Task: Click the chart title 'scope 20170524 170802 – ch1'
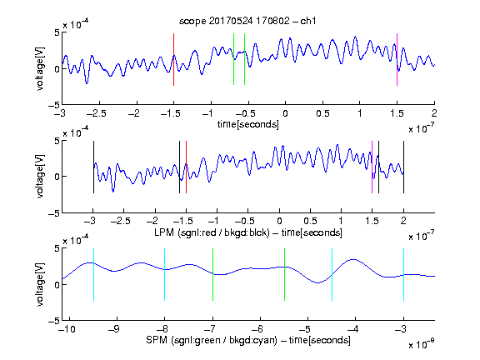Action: [x=247, y=21]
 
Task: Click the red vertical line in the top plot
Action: [x=173, y=59]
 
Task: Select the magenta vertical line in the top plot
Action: [x=397, y=59]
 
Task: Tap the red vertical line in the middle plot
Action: [x=186, y=167]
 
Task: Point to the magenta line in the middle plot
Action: [x=372, y=167]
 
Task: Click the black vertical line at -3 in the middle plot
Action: [x=93, y=167]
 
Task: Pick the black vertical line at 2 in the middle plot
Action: [x=403, y=167]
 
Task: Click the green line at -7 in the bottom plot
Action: [x=212, y=275]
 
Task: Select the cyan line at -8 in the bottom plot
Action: [x=165, y=275]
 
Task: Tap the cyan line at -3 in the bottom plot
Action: [x=403, y=275]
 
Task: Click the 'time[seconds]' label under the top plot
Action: [x=248, y=124]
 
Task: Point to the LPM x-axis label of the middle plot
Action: [x=248, y=232]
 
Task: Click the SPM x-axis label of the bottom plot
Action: [x=248, y=340]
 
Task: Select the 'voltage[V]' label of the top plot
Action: [x=40, y=68]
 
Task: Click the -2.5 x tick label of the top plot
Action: [x=96, y=113]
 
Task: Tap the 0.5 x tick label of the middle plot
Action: [x=310, y=221]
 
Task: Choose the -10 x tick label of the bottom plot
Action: [x=67, y=329]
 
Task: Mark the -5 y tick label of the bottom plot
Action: [x=54, y=321]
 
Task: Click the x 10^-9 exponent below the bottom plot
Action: [x=422, y=344]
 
